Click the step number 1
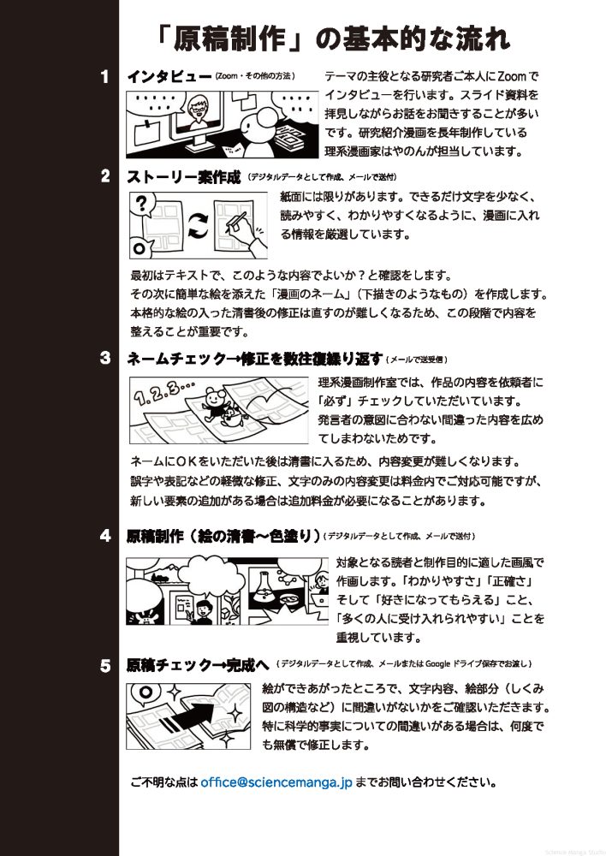coord(105,76)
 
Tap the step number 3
coord(105,358)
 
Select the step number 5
coord(105,666)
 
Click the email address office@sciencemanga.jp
coord(276,782)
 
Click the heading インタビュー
coord(169,76)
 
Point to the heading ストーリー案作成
coord(183,177)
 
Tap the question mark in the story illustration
coord(141,204)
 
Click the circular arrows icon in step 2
coord(199,225)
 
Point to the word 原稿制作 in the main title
coord(229,40)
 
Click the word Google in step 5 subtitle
coord(437,664)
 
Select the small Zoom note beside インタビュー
coord(255,76)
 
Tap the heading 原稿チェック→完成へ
coord(198,665)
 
